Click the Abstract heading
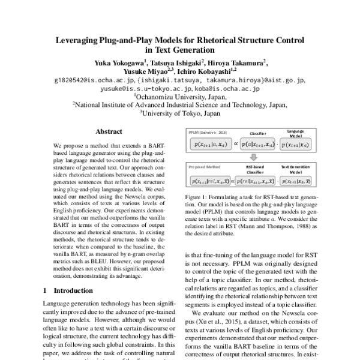[110, 131]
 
